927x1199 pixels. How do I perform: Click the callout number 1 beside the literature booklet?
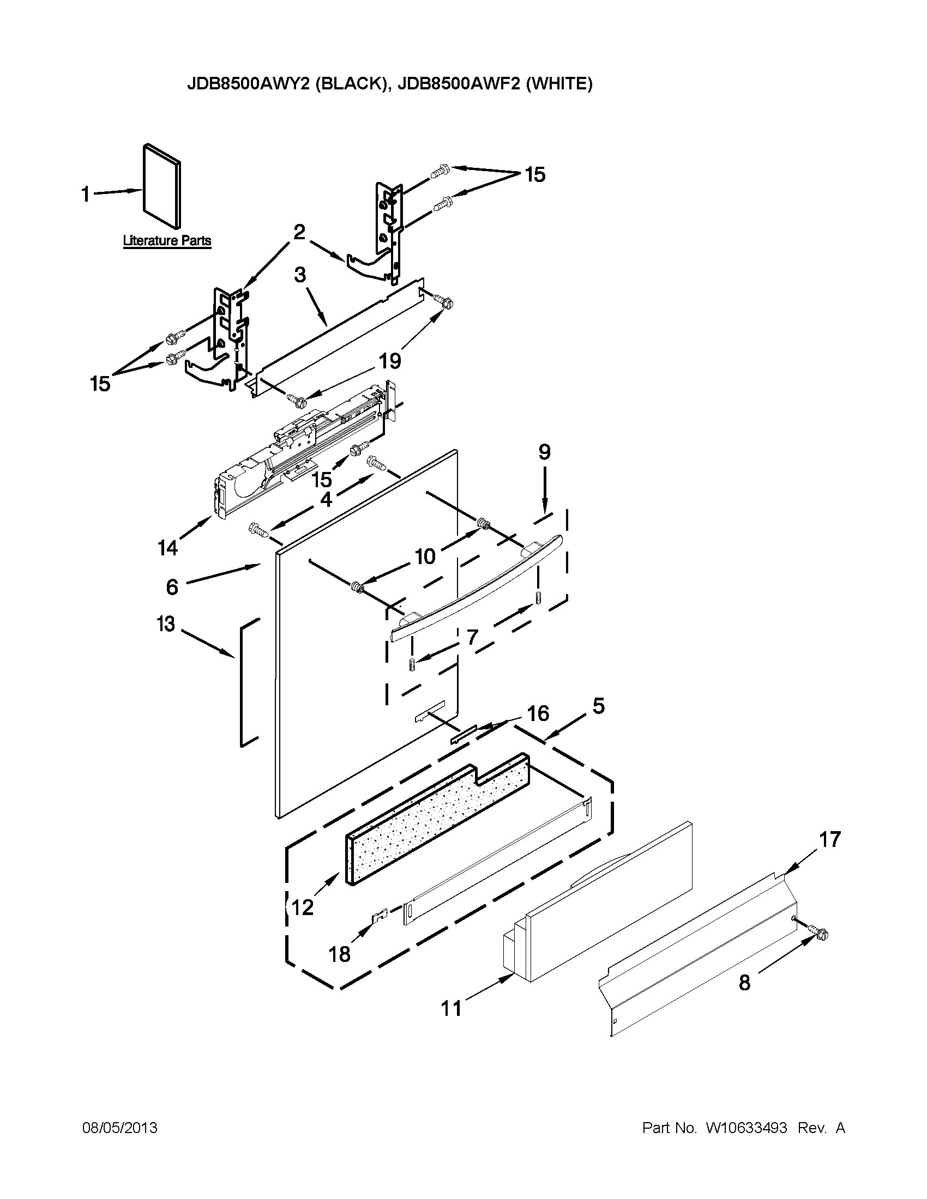point(86,194)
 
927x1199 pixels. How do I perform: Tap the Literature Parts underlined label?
point(166,240)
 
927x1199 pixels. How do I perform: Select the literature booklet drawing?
point(162,186)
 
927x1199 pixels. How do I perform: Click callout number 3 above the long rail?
point(300,275)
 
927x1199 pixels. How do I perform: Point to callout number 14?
point(167,547)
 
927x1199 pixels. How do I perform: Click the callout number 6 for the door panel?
point(172,587)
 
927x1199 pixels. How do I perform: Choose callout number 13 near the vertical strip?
point(165,623)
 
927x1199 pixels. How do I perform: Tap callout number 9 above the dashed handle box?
point(544,452)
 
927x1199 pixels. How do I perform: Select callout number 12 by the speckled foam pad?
point(302,907)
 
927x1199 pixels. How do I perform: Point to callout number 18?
point(339,954)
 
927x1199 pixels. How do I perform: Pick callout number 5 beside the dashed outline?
point(598,705)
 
